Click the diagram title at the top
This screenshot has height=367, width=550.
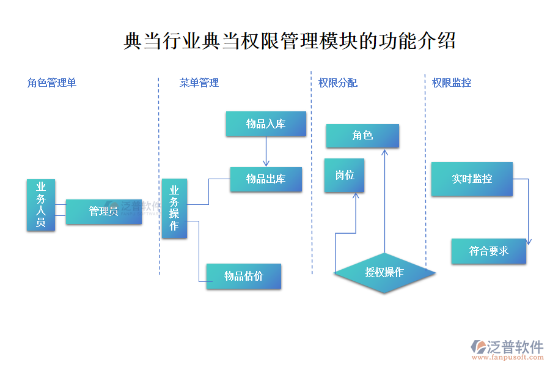tap(289, 42)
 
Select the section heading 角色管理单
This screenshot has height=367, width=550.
tap(52, 83)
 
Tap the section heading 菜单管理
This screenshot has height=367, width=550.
tap(199, 83)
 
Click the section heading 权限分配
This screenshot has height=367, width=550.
tap(338, 83)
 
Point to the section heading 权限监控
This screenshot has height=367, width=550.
tap(452, 83)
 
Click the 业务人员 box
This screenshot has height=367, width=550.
tap(41, 205)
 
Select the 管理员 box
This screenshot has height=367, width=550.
tap(103, 212)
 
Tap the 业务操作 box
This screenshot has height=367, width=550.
tap(174, 209)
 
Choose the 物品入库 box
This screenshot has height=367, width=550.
tap(266, 124)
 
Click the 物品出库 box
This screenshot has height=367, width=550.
tap(266, 179)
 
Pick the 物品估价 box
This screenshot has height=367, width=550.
tap(243, 276)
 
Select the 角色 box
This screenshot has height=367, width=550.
tap(362, 136)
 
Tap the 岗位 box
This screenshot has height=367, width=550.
tap(344, 176)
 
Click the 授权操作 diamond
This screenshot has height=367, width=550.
tap(384, 272)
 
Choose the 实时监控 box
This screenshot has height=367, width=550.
tap(472, 179)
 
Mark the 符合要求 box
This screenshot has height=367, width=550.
tap(489, 251)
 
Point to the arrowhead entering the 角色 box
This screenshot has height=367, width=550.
tap(384, 152)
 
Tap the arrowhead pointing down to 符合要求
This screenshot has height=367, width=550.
tap(528, 242)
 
